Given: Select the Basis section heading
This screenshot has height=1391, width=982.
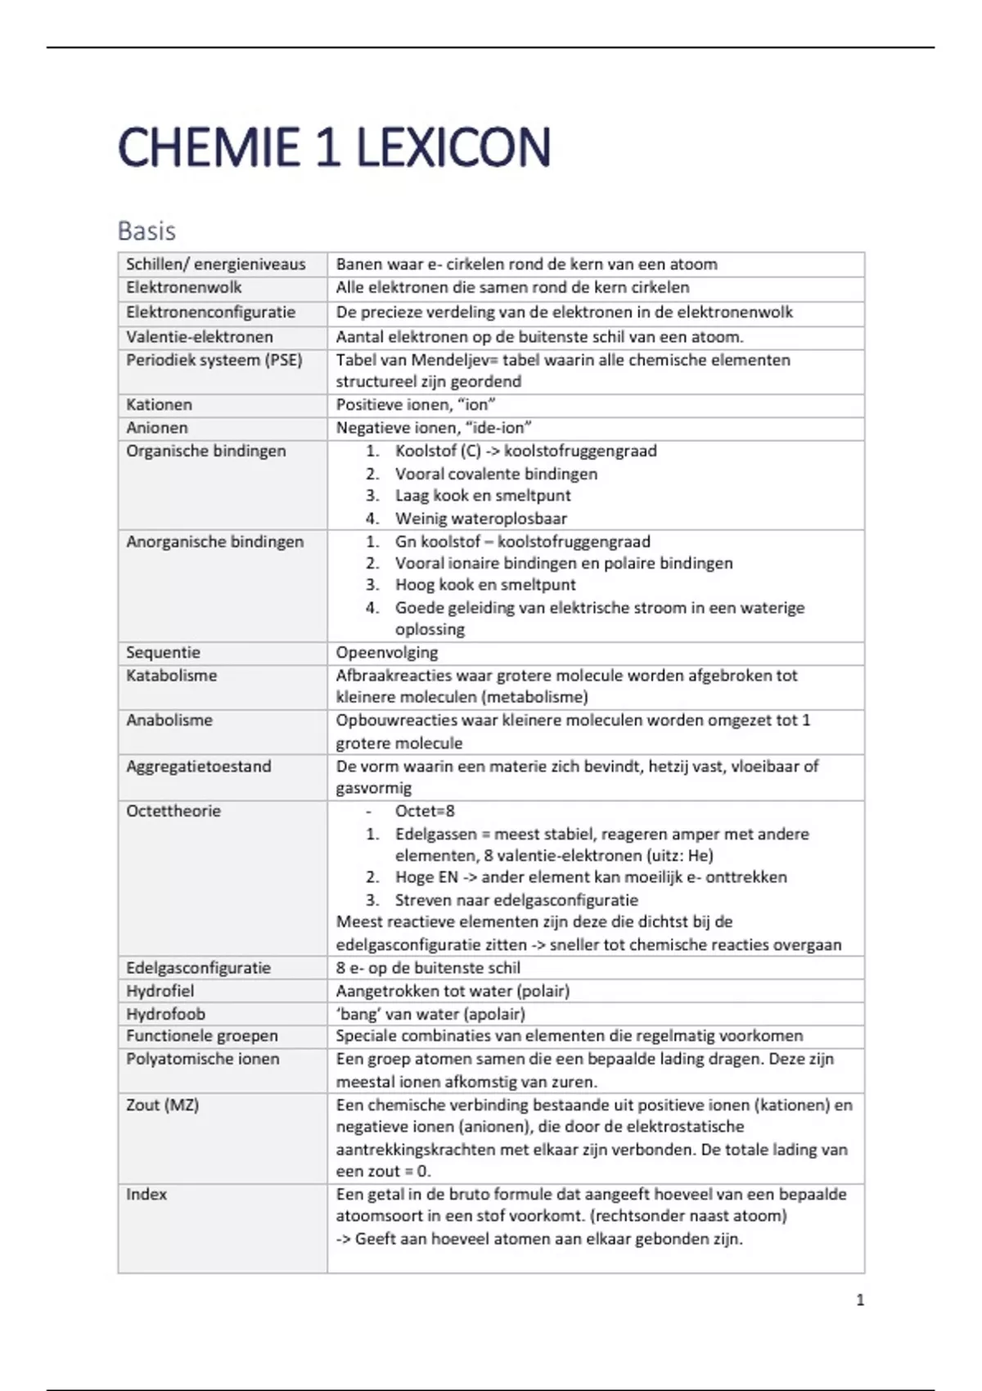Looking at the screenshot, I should [x=146, y=231].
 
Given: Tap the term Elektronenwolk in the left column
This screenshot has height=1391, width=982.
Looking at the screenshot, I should [x=183, y=287].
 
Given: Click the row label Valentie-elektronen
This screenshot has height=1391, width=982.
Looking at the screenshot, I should [x=199, y=336].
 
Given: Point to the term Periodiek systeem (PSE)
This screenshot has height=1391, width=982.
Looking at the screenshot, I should [x=214, y=360].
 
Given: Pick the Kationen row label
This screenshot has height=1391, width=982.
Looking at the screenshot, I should [x=159, y=404].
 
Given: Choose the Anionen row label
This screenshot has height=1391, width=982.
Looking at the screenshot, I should [x=156, y=427].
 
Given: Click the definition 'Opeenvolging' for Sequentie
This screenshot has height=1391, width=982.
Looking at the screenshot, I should [x=386, y=652].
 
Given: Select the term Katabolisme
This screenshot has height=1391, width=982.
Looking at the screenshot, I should [x=171, y=675].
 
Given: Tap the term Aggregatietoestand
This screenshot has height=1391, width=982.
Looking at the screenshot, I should [x=198, y=766].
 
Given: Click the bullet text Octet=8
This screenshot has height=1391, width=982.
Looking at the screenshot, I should [x=425, y=811].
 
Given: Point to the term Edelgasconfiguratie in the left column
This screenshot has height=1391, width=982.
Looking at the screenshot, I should [x=198, y=967].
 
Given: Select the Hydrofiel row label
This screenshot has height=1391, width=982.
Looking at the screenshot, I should [x=160, y=990].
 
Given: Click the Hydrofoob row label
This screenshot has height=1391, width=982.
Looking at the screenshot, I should [x=165, y=1013].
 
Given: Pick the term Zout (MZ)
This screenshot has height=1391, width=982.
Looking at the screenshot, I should [x=162, y=1105].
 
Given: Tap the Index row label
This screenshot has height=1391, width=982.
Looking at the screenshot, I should [x=146, y=1194].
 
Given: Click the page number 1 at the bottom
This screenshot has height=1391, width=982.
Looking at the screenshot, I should [x=859, y=1299].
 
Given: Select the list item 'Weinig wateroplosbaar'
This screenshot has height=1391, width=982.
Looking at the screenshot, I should [x=480, y=518].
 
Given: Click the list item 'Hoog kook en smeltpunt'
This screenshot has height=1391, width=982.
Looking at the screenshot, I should [x=485, y=584].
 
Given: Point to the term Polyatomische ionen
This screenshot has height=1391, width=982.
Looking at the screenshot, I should [x=202, y=1059].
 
